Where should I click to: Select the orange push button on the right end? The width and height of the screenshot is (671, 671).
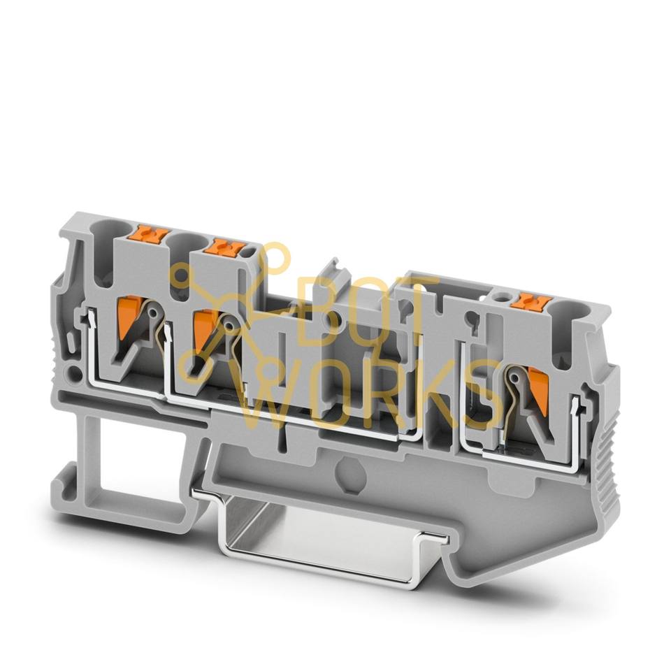[x=531, y=303]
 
